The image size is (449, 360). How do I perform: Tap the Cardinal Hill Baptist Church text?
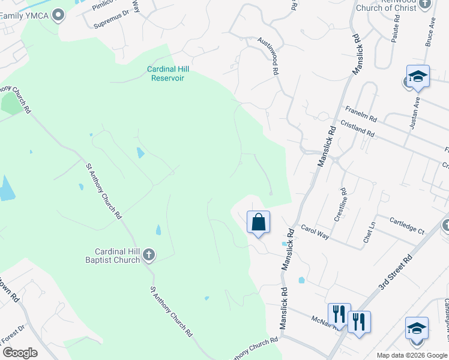click(117, 256)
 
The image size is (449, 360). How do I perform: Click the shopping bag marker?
click(258, 223)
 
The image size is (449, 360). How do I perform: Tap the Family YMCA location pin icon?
click(58, 14)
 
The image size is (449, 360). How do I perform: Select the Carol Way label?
click(315, 232)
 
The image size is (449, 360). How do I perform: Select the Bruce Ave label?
click(430, 32)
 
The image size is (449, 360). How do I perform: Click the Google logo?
click(19, 353)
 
